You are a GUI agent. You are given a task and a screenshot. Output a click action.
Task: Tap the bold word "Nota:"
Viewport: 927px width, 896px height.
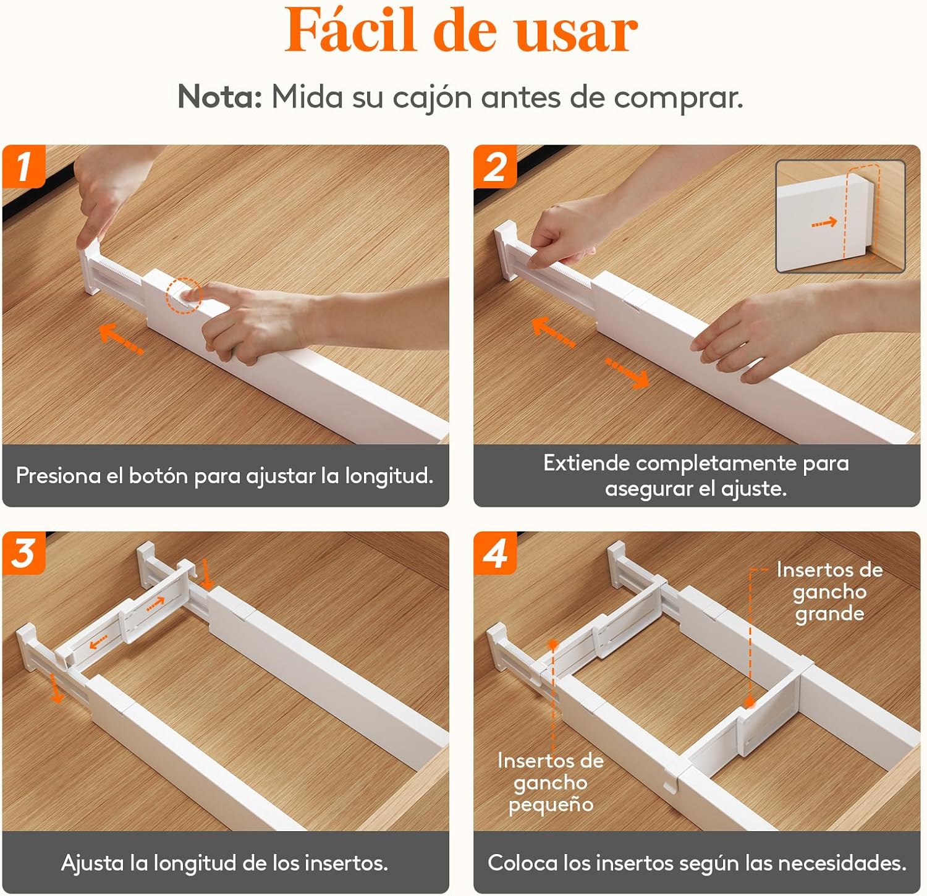(x=220, y=97)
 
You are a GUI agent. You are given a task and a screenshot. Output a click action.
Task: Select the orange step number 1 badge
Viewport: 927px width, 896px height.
(x=23, y=166)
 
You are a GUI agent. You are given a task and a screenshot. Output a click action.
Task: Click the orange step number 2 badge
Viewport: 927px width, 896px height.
(x=495, y=166)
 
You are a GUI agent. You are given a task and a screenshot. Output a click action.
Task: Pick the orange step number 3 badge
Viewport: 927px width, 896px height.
(x=23, y=553)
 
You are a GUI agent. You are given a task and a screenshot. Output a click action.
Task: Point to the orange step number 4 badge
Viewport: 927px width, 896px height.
(x=495, y=553)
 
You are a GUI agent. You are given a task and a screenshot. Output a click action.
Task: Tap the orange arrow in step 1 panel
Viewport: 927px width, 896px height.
(x=121, y=339)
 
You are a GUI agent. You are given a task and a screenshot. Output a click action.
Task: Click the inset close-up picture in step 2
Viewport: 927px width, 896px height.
(x=840, y=216)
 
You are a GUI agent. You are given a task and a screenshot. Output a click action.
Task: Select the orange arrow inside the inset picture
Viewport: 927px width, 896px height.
(x=824, y=222)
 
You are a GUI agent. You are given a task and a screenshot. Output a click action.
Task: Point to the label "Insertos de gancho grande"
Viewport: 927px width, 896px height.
(x=829, y=591)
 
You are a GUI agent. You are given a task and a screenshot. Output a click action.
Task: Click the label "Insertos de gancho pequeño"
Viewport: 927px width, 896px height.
(x=551, y=782)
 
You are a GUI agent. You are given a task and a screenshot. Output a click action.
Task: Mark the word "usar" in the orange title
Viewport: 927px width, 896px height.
(x=576, y=33)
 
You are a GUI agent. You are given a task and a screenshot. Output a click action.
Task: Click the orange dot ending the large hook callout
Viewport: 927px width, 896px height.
(x=750, y=703)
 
